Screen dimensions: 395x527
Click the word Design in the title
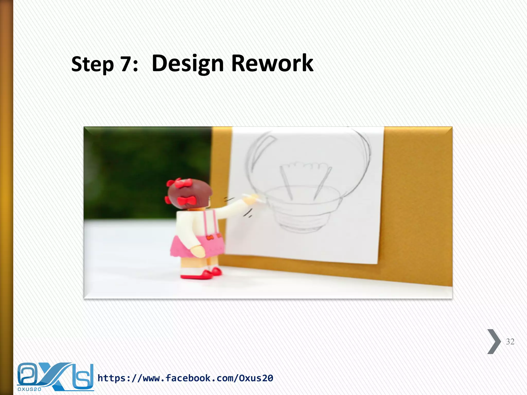188,64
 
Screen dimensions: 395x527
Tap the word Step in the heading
92,64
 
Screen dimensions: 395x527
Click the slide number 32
510,342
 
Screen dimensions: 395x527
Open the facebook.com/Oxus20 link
185,378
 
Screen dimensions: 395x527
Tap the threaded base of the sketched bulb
301,219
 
